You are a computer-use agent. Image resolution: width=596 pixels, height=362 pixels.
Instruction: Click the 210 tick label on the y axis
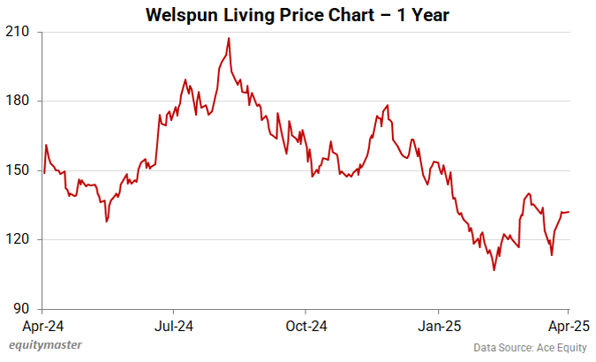click(19, 32)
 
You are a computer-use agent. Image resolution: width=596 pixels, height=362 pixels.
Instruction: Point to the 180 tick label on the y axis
click(19, 101)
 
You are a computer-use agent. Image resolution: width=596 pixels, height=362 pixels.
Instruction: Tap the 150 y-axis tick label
click(19, 170)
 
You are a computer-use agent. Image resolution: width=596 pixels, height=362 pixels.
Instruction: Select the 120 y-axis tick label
click(19, 239)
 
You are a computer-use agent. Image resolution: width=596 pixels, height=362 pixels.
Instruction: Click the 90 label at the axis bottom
click(22, 309)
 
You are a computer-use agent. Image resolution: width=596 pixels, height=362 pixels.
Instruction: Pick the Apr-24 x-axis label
click(42, 325)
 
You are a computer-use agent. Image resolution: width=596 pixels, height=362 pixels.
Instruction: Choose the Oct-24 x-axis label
click(306, 325)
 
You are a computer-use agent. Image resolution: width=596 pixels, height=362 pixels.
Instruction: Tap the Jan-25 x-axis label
click(439, 325)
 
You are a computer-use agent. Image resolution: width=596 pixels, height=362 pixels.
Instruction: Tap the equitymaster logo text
click(45, 345)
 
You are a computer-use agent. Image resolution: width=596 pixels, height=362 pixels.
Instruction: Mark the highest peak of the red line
click(229, 38)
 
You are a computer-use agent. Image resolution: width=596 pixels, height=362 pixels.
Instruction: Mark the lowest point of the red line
click(494, 270)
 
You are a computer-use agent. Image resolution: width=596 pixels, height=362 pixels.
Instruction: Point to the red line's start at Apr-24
click(43, 173)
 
